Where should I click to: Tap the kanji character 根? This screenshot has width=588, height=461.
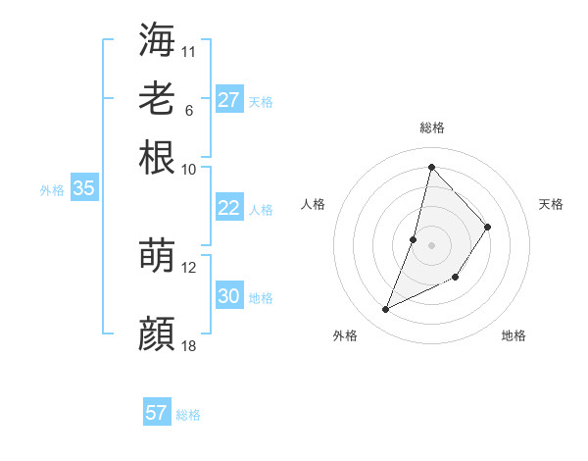click(x=157, y=157)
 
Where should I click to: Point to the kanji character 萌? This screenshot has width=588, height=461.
click(x=157, y=255)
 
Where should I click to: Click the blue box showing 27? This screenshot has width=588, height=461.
click(x=228, y=100)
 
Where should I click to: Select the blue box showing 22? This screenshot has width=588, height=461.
click(x=228, y=208)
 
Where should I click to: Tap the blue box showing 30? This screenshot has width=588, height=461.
click(x=228, y=296)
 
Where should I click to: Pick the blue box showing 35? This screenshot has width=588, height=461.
click(x=83, y=189)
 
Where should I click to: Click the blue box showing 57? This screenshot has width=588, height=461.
click(x=156, y=413)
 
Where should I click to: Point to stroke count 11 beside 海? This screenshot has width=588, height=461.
click(x=189, y=51)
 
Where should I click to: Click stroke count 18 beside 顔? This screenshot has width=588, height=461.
click(x=189, y=346)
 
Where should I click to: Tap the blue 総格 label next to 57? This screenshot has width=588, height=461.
click(x=188, y=415)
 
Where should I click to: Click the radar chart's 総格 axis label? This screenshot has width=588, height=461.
click(x=431, y=128)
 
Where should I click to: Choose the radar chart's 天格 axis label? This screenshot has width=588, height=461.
click(x=551, y=204)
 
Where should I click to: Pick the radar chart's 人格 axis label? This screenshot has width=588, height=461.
click(x=314, y=204)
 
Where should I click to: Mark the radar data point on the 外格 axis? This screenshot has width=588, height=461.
click(x=385, y=310)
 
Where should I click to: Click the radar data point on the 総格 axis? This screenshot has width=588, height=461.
click(x=431, y=167)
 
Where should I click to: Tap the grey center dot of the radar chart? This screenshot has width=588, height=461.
click(x=431, y=243)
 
